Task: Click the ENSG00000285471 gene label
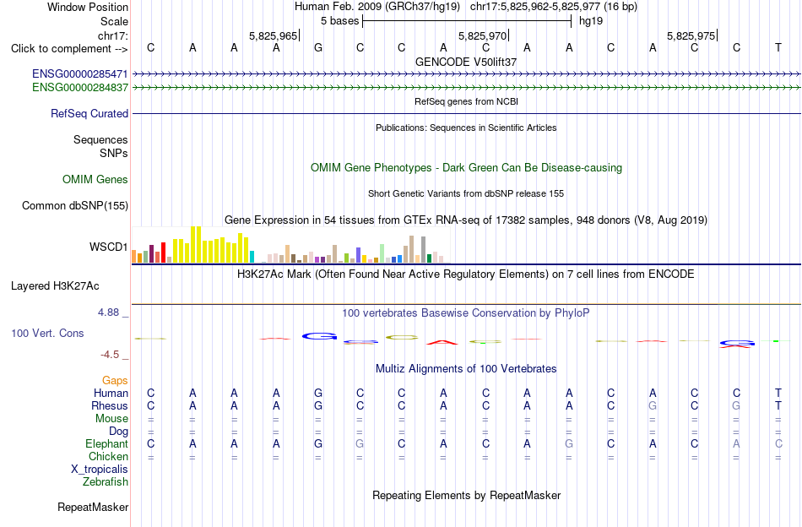pyautogui.click(x=80, y=73)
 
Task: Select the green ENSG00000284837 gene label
pyautogui.click(x=80, y=88)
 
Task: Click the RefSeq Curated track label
pyautogui.click(x=89, y=113)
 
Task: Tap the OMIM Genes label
pyautogui.click(x=95, y=180)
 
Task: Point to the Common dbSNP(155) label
pyautogui.click(x=75, y=206)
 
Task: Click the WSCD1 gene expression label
pyautogui.click(x=108, y=247)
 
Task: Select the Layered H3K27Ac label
pyautogui.click(x=55, y=286)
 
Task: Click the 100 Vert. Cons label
pyautogui.click(x=47, y=333)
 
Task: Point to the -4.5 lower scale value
pyautogui.click(x=110, y=355)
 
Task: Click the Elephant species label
pyautogui.click(x=107, y=444)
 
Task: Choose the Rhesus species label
pyautogui.click(x=110, y=405)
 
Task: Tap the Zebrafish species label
pyautogui.click(x=106, y=482)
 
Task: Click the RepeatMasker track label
pyautogui.click(x=93, y=507)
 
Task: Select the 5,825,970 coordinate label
pyautogui.click(x=482, y=35)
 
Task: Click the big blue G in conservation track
pyautogui.click(x=319, y=336)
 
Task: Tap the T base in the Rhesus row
pyautogui.click(x=778, y=405)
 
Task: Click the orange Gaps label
pyautogui.click(x=115, y=380)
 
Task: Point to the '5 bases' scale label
pyautogui.click(x=340, y=21)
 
